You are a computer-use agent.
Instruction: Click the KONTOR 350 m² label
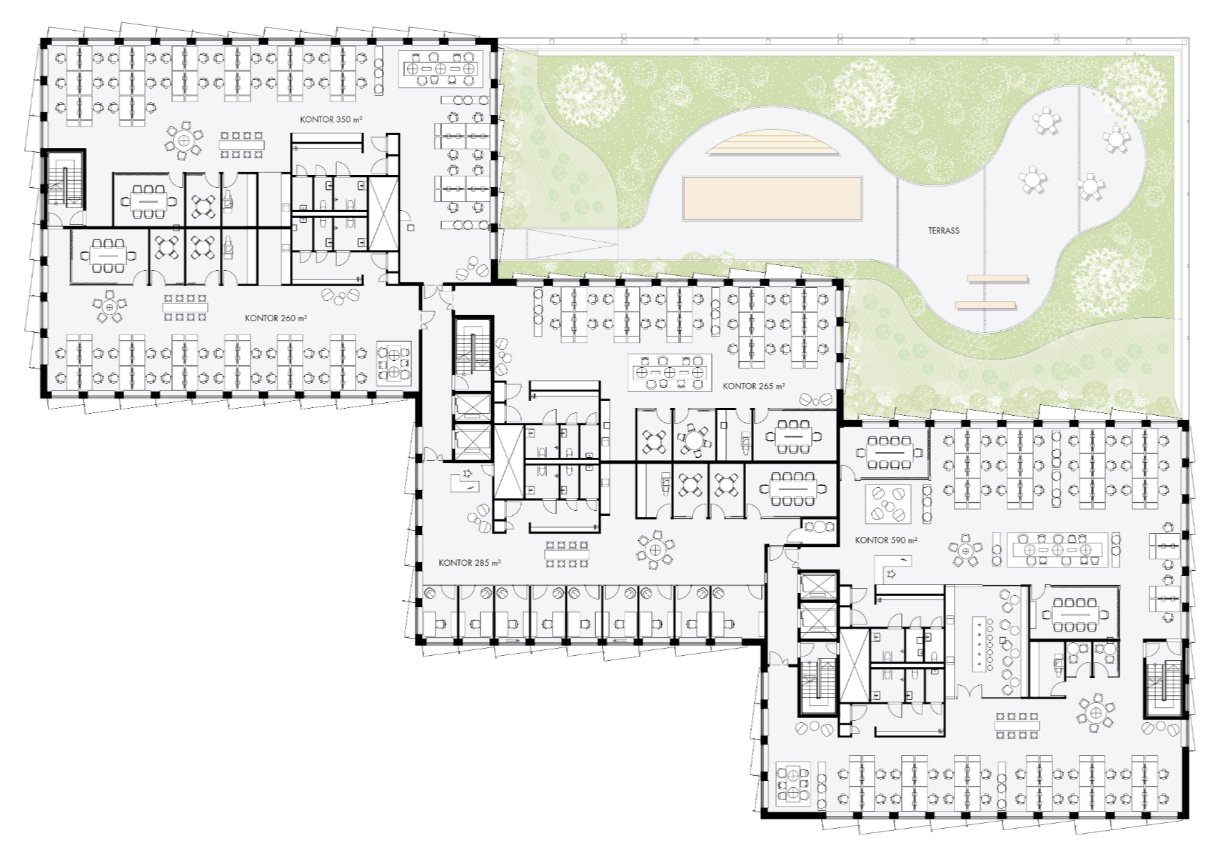point(331,119)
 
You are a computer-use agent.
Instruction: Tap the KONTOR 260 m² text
point(276,318)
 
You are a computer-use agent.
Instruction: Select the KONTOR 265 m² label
point(754,386)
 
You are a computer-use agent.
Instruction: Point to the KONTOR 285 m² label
point(470,563)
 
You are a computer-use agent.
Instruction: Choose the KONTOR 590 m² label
point(886,540)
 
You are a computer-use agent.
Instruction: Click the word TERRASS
point(943,231)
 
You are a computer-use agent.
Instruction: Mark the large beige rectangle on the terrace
point(772,198)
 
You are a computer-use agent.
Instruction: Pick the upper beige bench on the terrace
point(997,279)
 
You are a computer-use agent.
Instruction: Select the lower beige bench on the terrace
point(985,305)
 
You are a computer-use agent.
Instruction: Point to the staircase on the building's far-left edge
point(64,179)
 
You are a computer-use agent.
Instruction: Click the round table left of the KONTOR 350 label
point(183,141)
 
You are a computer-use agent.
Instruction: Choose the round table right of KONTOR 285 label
point(655,549)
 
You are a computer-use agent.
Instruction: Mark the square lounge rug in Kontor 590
point(888,504)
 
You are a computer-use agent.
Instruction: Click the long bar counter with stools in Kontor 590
point(981,642)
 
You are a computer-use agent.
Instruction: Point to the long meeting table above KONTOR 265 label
point(670,372)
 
